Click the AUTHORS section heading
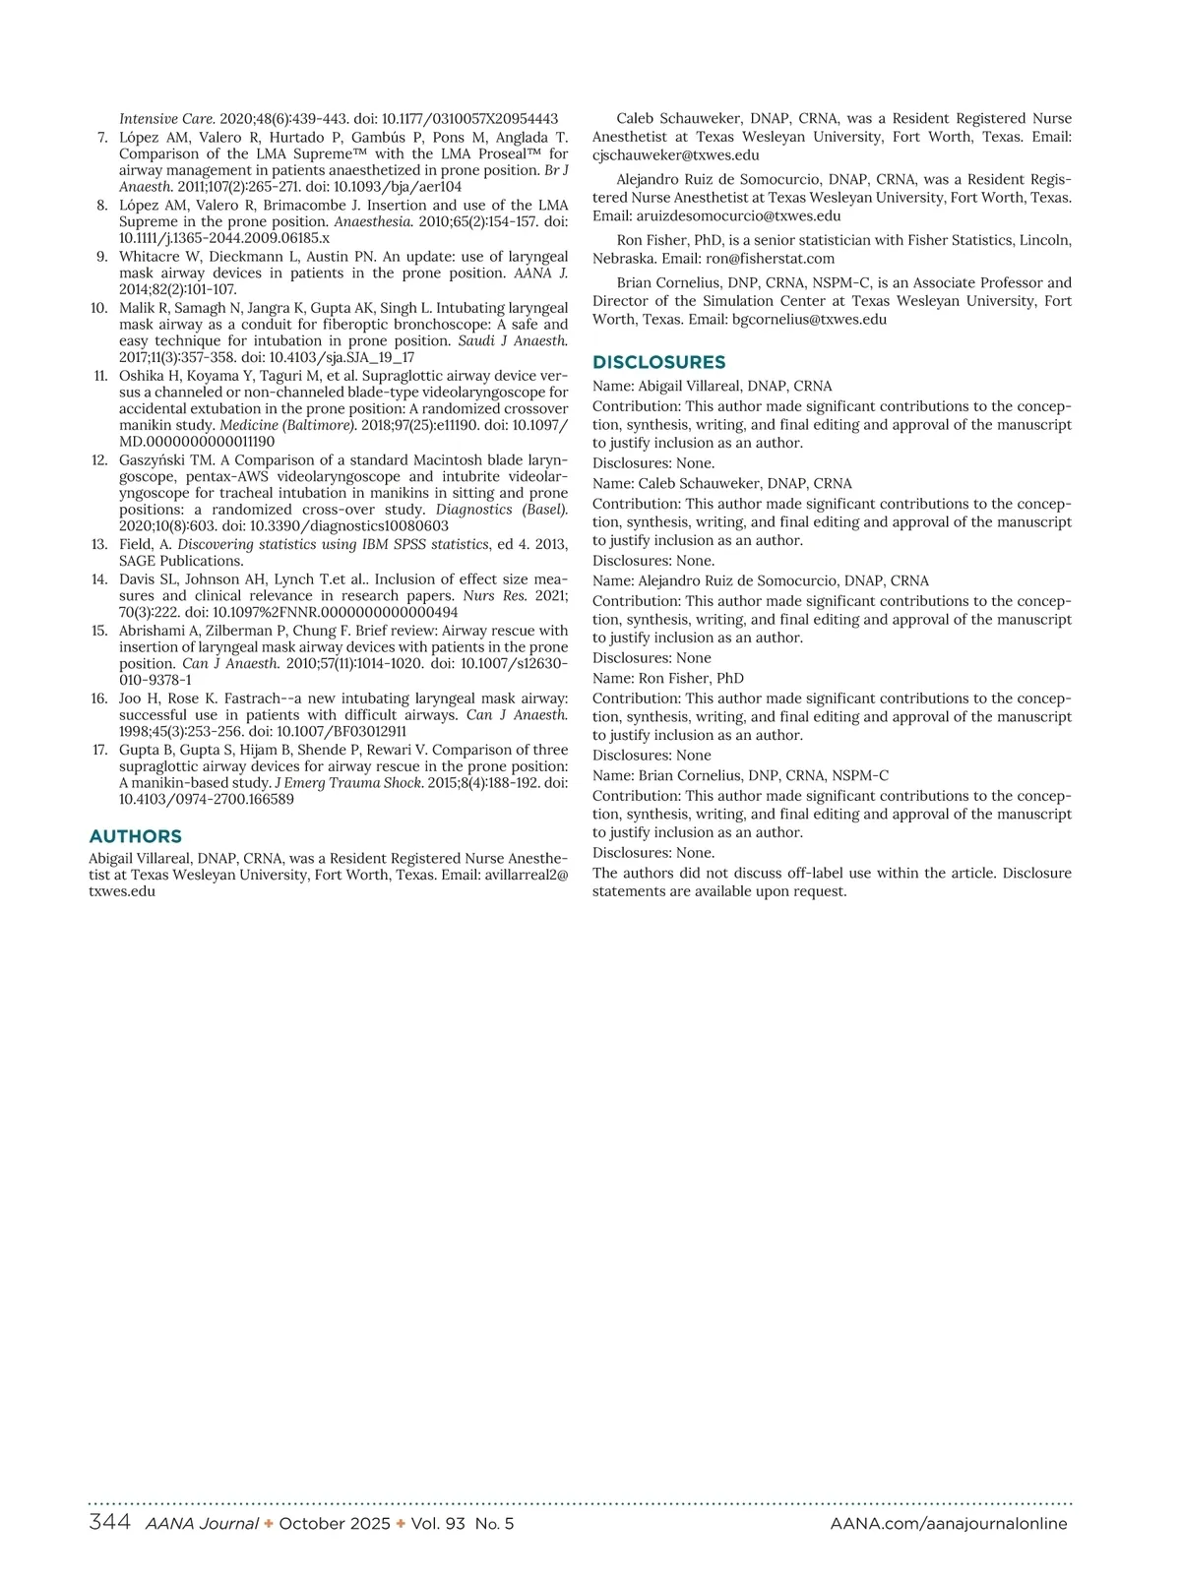pyautogui.click(x=135, y=836)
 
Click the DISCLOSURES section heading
pyautogui.click(x=658, y=362)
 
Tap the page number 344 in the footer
pyautogui.click(x=109, y=1523)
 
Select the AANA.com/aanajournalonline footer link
pyautogui.click(x=949, y=1524)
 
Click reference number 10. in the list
pyautogui.click(x=99, y=308)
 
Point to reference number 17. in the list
pyautogui.click(x=99, y=750)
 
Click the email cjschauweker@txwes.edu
pyautogui.click(x=675, y=154)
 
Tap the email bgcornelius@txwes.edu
pyautogui.click(x=809, y=319)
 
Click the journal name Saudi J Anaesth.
pyautogui.click(x=513, y=341)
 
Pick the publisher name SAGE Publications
pyautogui.click(x=181, y=561)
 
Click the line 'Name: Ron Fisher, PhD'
pyautogui.click(x=667, y=678)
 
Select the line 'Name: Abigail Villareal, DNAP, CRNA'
pyautogui.click(x=712, y=386)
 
